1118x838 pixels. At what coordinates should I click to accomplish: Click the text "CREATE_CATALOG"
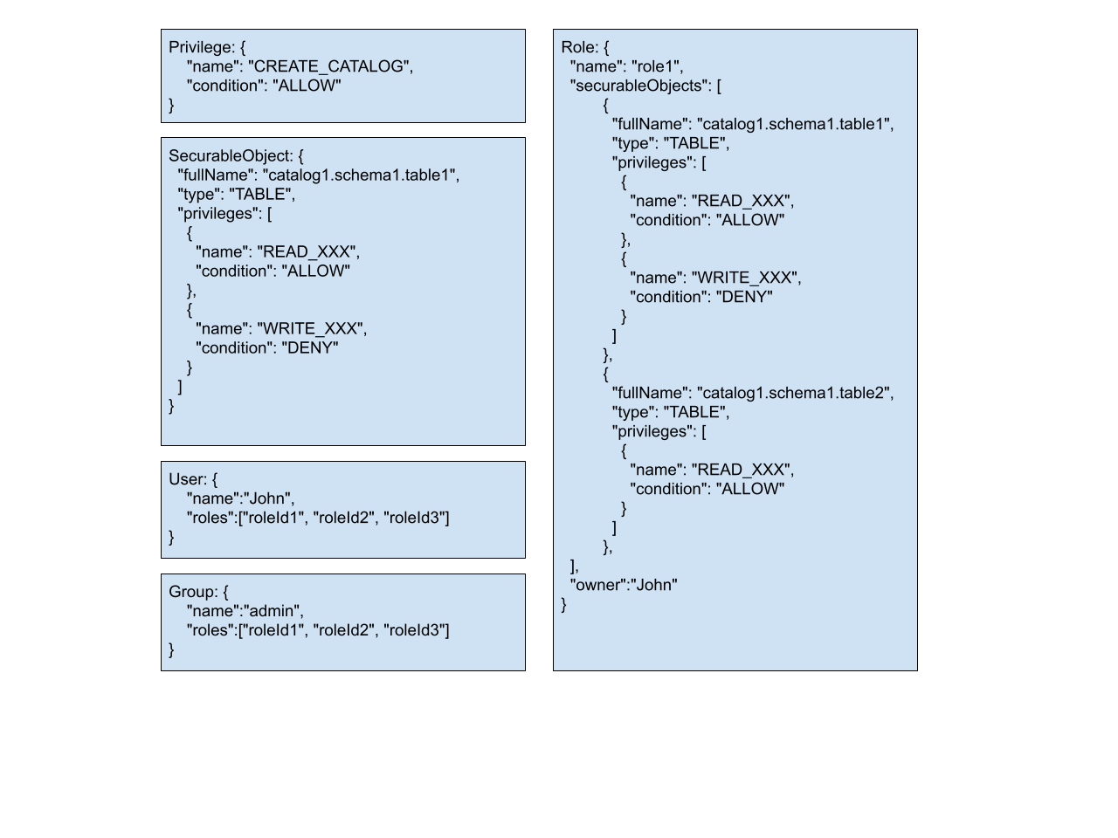(330, 66)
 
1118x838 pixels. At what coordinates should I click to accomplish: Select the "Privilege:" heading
(202, 47)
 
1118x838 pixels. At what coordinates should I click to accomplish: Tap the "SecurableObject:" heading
(231, 155)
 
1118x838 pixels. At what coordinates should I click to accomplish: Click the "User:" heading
(189, 479)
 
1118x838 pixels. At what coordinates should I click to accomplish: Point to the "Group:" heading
(194, 592)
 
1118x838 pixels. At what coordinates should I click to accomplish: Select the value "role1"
(657, 66)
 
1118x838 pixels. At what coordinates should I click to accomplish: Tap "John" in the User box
(269, 498)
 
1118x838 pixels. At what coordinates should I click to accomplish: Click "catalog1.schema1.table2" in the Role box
(795, 393)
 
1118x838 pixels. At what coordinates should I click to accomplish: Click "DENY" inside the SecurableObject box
(310, 347)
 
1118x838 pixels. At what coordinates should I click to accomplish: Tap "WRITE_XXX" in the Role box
(745, 278)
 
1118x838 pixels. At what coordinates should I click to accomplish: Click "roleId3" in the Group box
(416, 630)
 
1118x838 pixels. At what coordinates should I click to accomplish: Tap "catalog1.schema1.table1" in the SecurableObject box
(361, 175)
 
